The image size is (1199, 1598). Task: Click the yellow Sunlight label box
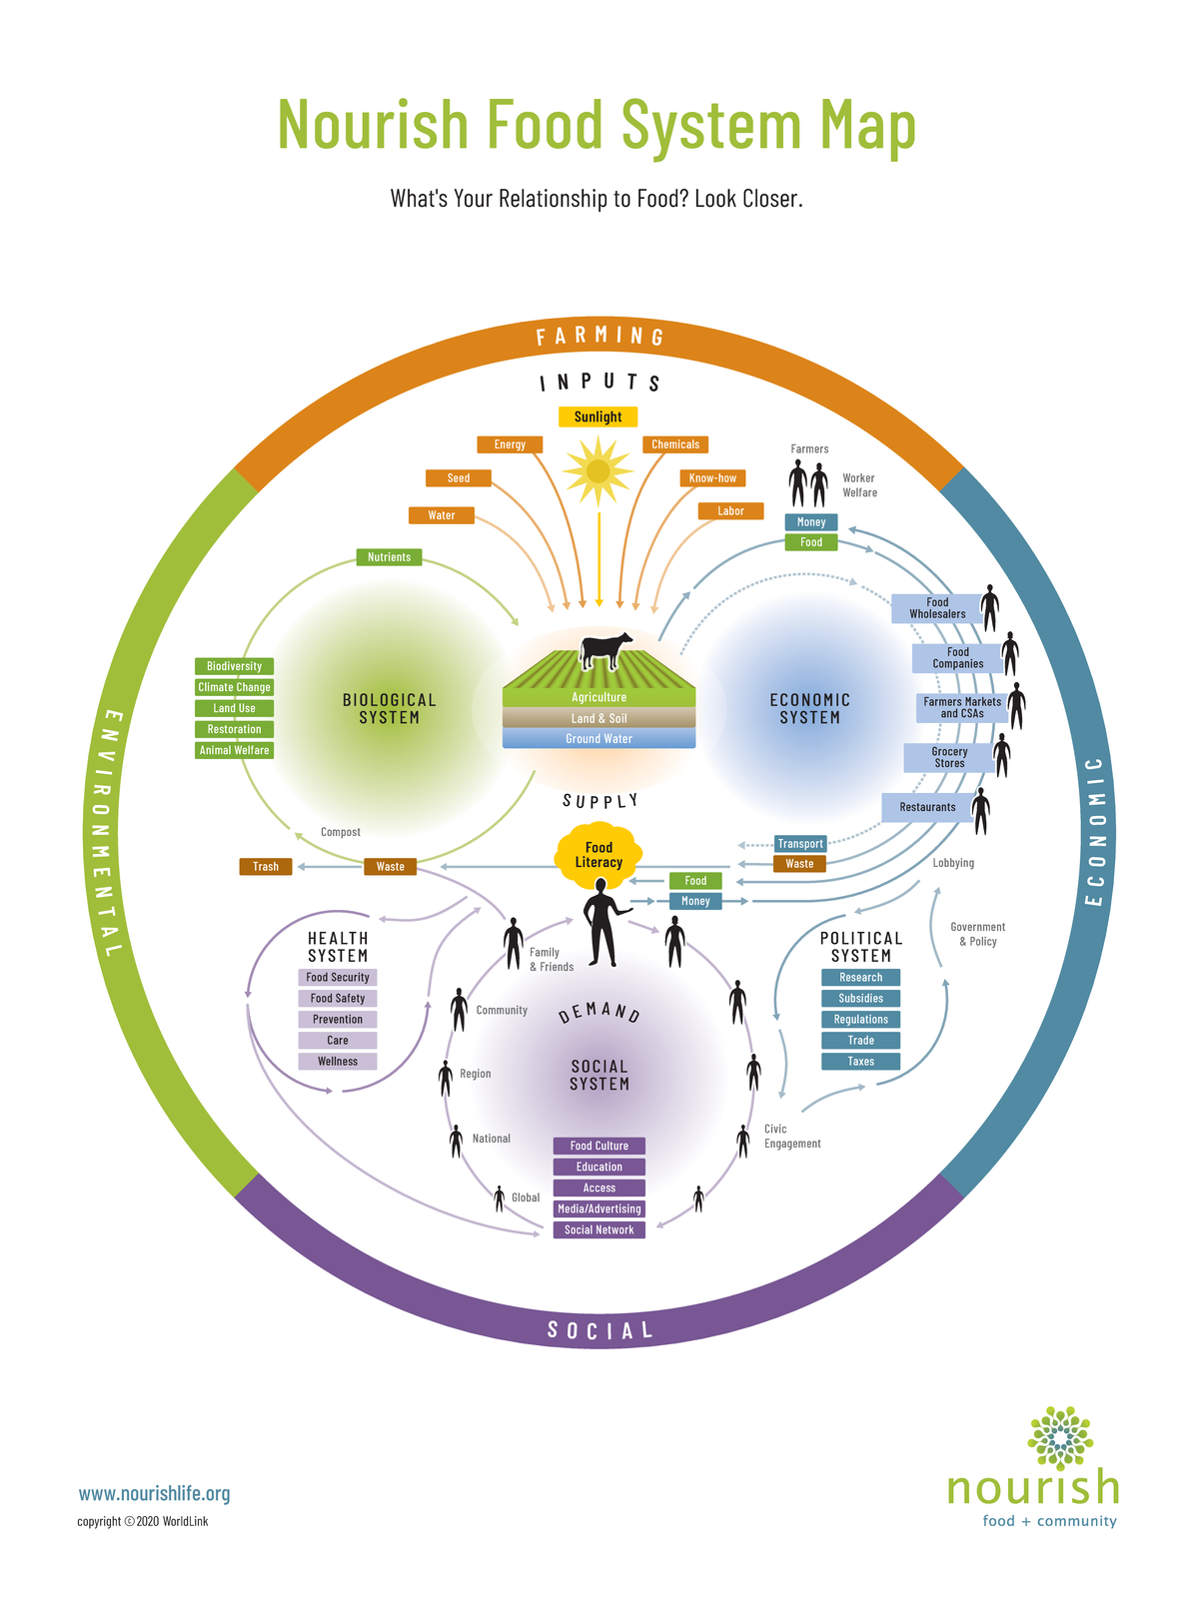point(598,416)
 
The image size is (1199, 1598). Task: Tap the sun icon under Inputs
point(598,470)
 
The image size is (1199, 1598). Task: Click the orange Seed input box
point(459,478)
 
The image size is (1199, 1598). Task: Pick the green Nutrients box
point(389,557)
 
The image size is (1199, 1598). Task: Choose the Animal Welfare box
point(234,750)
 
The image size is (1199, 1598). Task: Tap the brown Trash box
point(266,866)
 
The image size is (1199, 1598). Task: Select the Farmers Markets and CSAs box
point(961,707)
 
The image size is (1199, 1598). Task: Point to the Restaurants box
point(927,807)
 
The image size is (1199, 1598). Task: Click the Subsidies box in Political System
point(860,999)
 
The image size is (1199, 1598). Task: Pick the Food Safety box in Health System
point(338,999)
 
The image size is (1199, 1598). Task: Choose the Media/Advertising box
point(599,1208)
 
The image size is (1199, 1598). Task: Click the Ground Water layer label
point(599,739)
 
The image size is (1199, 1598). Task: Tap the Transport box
point(800,844)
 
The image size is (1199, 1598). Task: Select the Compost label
point(340,832)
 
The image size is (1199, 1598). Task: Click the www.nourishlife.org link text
point(154,1493)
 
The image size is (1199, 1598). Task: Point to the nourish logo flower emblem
point(1060,1438)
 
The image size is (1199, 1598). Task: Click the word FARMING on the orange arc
point(599,337)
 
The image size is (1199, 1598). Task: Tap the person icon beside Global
point(500,1198)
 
